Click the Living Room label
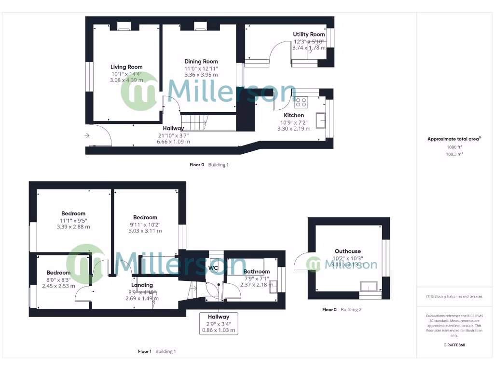[126, 67]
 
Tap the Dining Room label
[201, 61]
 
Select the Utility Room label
[309, 34]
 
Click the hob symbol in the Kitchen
[301, 102]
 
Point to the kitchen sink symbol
[320, 120]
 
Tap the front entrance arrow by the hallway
[86, 136]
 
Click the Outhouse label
[347, 251]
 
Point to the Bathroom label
[256, 272]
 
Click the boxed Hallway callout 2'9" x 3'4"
[219, 323]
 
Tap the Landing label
[142, 285]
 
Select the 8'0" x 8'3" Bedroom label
[58, 272]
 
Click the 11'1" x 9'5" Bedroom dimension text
[73, 224]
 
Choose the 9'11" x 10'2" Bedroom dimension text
[145, 227]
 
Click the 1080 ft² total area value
[453, 147]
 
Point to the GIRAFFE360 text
[453, 345]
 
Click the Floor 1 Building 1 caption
[157, 351]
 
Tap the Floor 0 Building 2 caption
[342, 309]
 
